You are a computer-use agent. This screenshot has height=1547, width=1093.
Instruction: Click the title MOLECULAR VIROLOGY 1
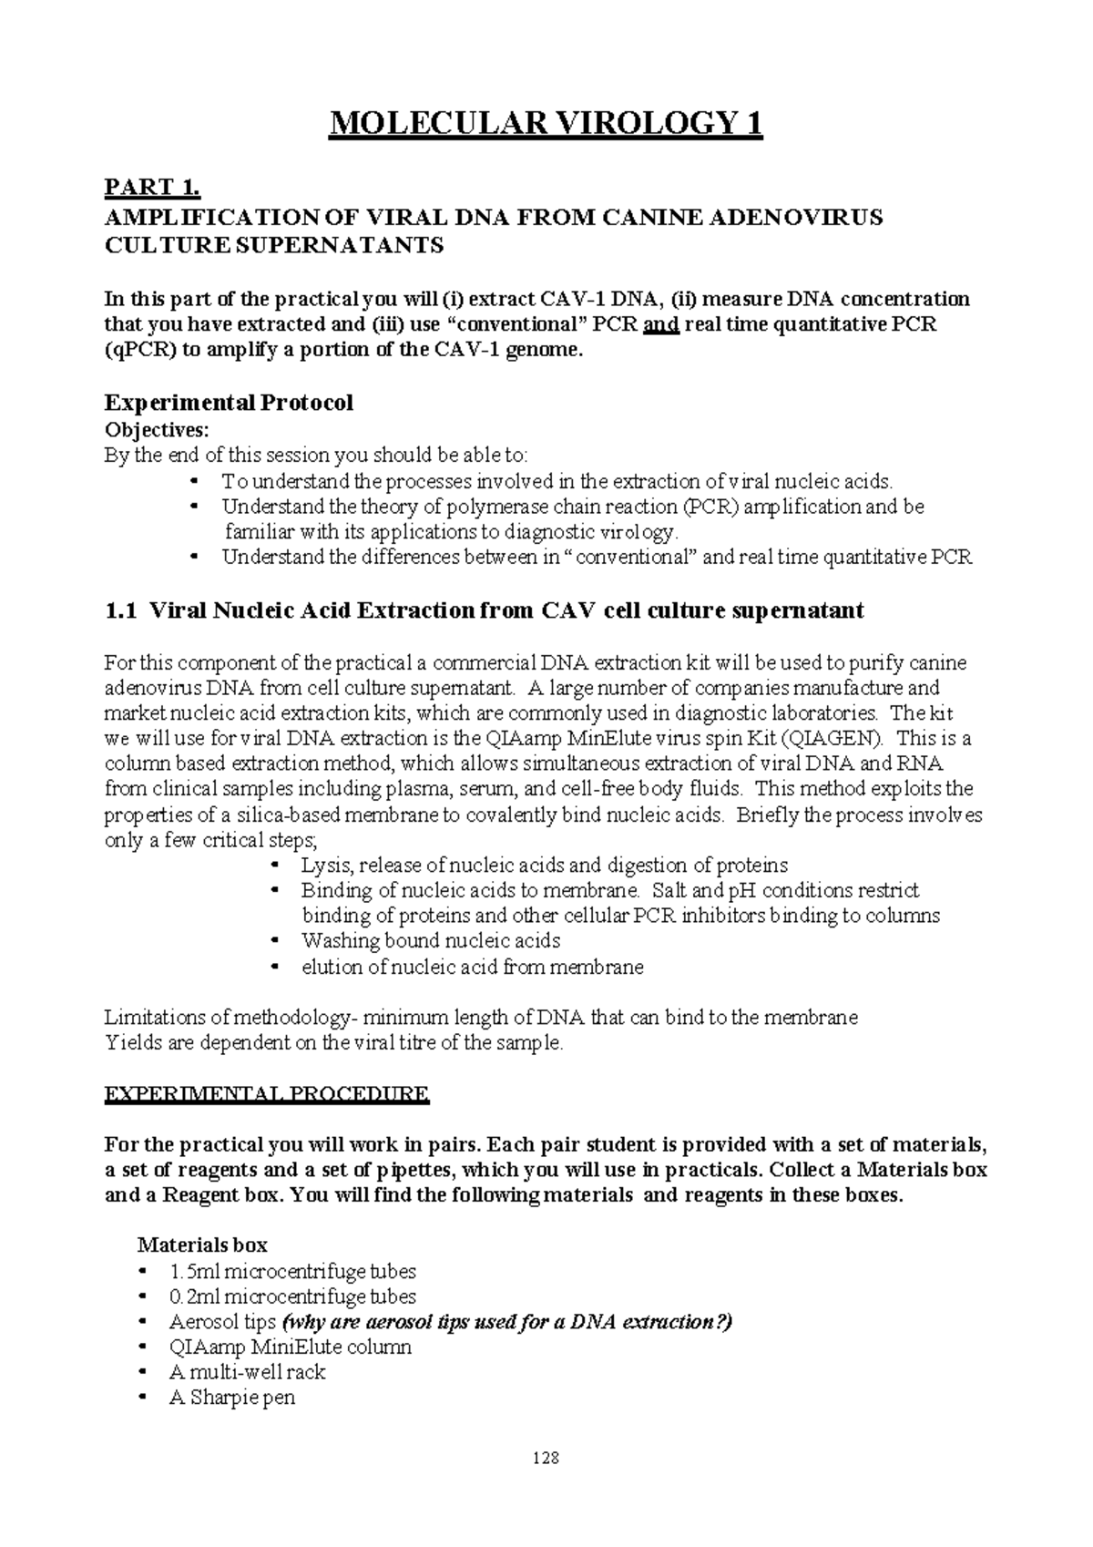pos(546,123)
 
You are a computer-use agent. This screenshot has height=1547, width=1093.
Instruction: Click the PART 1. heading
pos(152,189)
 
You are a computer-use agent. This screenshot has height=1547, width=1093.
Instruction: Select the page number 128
pos(546,1459)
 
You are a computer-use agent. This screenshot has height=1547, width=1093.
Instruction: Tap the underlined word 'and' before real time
pos(661,325)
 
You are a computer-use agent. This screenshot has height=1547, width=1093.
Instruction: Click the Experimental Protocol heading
pos(229,403)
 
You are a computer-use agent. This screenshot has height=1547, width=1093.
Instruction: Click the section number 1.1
pos(121,610)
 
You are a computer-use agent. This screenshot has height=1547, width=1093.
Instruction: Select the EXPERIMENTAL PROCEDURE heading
pos(267,1094)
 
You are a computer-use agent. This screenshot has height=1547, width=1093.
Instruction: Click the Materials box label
pos(201,1245)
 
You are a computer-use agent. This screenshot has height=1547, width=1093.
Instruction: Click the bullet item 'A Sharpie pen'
pos(231,1398)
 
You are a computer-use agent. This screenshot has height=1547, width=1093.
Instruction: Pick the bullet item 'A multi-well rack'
pos(247,1372)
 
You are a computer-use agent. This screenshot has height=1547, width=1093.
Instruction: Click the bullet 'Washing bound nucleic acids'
pos(430,941)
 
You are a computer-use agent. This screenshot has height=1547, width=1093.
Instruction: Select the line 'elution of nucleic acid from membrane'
pos(472,967)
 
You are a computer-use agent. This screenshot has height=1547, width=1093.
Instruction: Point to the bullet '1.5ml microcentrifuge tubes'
pos(291,1271)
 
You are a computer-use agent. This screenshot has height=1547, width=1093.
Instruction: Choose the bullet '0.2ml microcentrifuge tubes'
pos(291,1296)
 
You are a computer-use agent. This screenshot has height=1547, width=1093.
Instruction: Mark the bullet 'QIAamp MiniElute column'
pos(290,1347)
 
